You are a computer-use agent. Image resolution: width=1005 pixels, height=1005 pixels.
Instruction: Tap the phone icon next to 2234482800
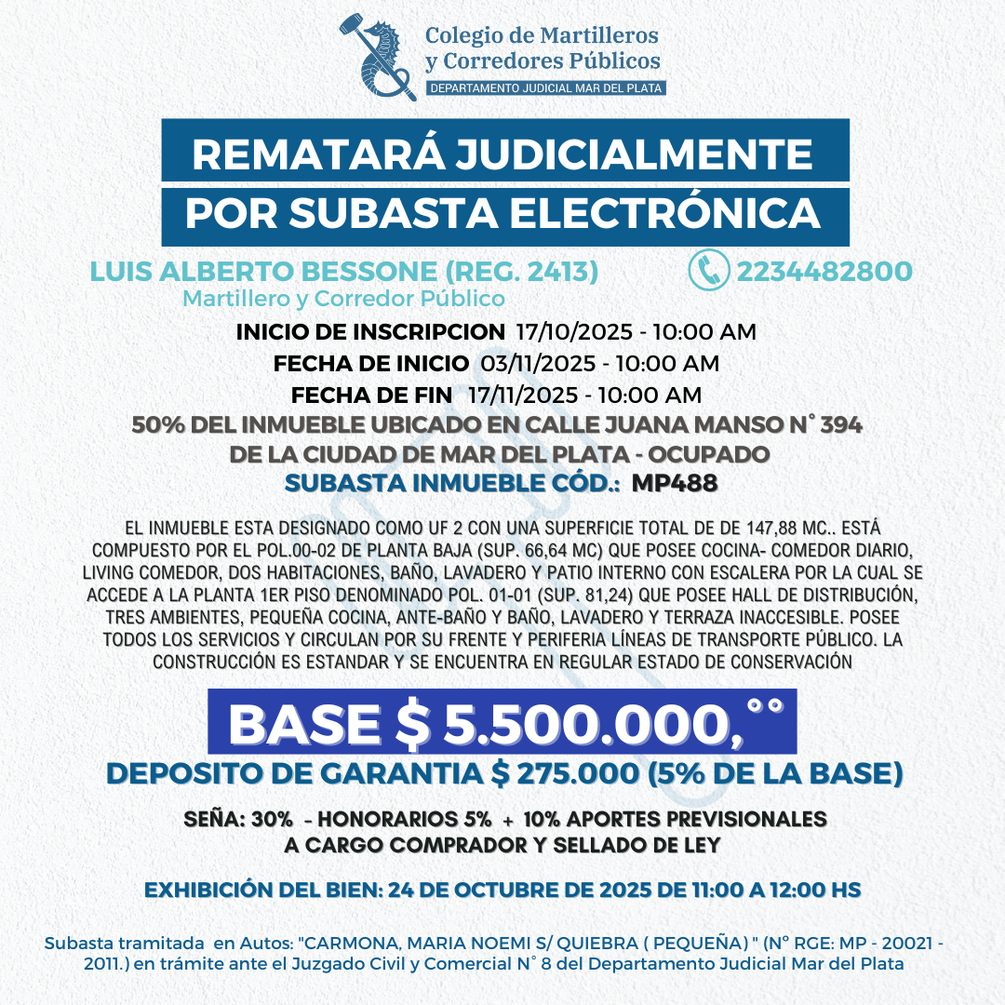[x=708, y=271]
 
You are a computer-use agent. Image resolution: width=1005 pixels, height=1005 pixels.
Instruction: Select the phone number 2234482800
[x=824, y=272]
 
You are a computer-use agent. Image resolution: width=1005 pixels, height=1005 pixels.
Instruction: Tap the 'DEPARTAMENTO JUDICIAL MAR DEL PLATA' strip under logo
[x=544, y=88]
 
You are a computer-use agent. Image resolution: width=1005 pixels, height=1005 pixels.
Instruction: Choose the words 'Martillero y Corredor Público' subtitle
[x=344, y=299]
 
